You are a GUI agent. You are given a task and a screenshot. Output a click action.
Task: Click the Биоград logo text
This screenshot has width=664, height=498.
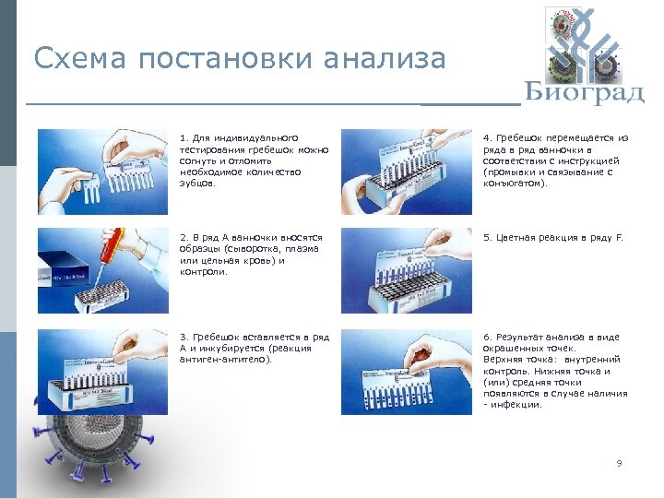click(x=584, y=92)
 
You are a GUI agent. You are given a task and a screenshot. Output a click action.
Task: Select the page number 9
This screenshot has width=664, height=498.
click(x=619, y=463)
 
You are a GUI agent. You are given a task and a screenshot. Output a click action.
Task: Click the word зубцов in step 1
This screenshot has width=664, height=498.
click(x=196, y=183)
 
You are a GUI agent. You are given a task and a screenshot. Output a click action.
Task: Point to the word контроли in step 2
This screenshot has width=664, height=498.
click(x=203, y=272)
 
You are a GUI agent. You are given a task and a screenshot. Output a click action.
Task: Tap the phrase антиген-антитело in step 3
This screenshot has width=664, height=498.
click(x=221, y=359)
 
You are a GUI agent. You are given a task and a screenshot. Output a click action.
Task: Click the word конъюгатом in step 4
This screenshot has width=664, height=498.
click(x=513, y=183)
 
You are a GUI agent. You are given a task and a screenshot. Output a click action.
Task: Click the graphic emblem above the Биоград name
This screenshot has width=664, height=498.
click(x=583, y=41)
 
